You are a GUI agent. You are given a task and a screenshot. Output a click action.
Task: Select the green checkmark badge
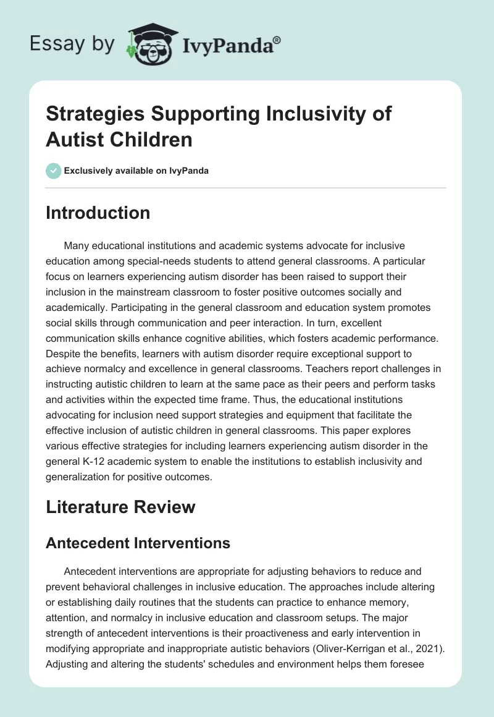[54, 171]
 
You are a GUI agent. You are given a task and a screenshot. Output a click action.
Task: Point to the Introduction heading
[98, 213]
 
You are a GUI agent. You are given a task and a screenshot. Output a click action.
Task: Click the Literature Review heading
[120, 507]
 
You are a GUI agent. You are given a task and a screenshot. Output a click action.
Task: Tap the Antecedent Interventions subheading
[138, 543]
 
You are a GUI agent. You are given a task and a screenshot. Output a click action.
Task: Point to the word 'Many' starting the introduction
[76, 246]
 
